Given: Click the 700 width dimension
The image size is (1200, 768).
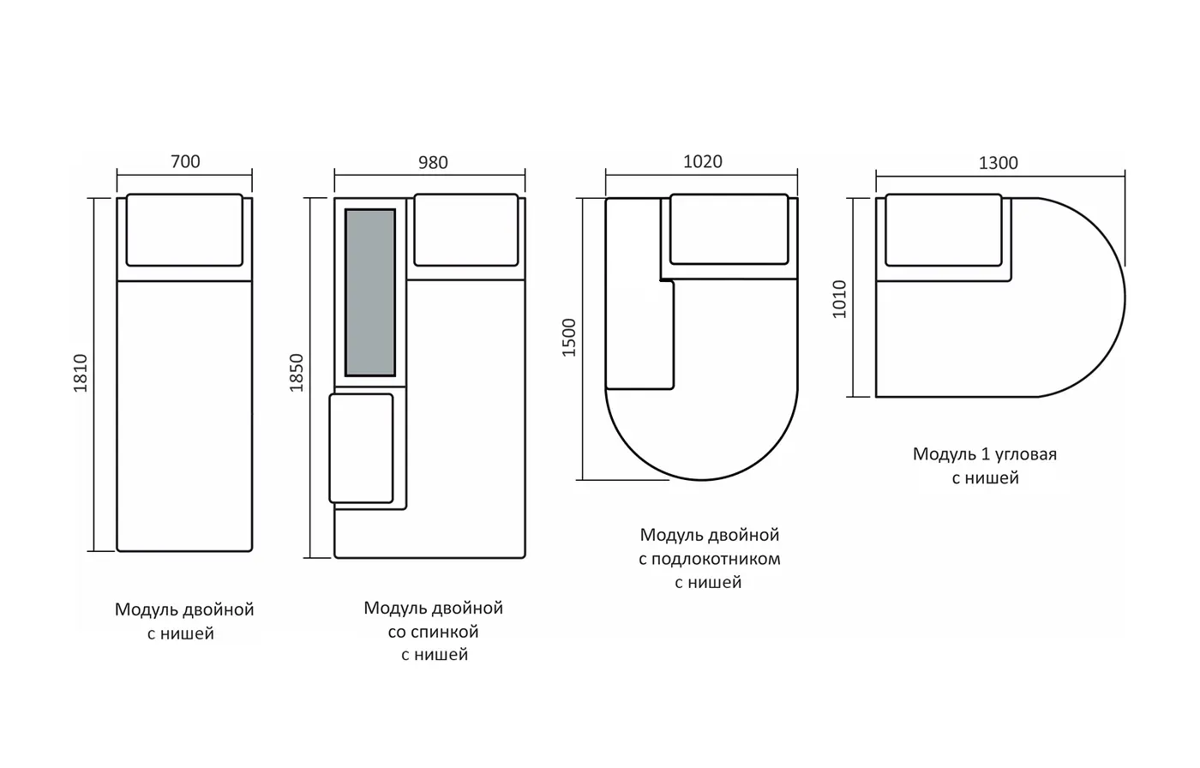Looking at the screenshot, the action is pos(185,161).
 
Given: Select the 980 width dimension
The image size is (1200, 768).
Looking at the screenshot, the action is pos(433,162).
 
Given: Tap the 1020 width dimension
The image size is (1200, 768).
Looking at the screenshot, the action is pos(702,161).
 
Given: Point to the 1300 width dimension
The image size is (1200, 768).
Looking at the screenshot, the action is pos(998,163).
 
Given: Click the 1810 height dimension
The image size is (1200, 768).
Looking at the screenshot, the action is pos(81,374).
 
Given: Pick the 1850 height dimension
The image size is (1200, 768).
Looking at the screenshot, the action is pos(297,373).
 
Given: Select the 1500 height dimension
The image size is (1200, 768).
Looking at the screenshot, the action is pos(568,338).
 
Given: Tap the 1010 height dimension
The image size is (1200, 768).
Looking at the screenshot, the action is pos(839,299).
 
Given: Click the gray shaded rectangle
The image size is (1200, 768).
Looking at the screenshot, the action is pos(370,292).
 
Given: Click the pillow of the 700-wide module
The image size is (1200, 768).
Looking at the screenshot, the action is pos(184,230).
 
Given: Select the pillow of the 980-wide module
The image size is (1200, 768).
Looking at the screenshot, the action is pos(466,230).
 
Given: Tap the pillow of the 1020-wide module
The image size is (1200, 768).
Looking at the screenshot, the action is pos(729,229).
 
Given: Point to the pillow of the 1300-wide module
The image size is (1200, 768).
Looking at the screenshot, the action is pos(944,230).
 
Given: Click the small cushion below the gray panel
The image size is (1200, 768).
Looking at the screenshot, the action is pos(361,448).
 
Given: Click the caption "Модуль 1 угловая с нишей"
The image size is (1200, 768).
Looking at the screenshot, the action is pos(985,465).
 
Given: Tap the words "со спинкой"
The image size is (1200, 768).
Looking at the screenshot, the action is pos(433,632).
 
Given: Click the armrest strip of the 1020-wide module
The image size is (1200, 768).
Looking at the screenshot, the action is pos(639,293).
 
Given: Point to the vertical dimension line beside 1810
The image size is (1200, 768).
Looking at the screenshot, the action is pos(94,375).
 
